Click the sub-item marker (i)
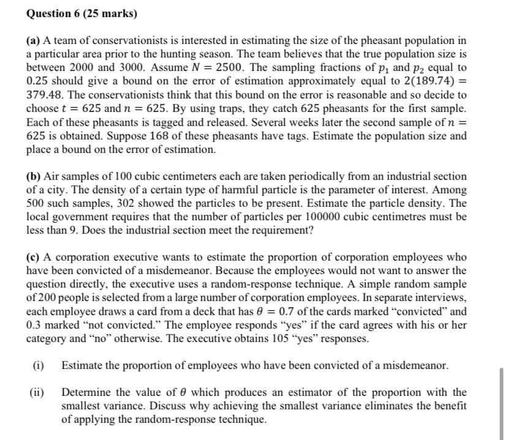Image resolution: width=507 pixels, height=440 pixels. tap(39, 366)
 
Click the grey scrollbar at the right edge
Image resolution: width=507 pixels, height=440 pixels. tap(502, 398)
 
